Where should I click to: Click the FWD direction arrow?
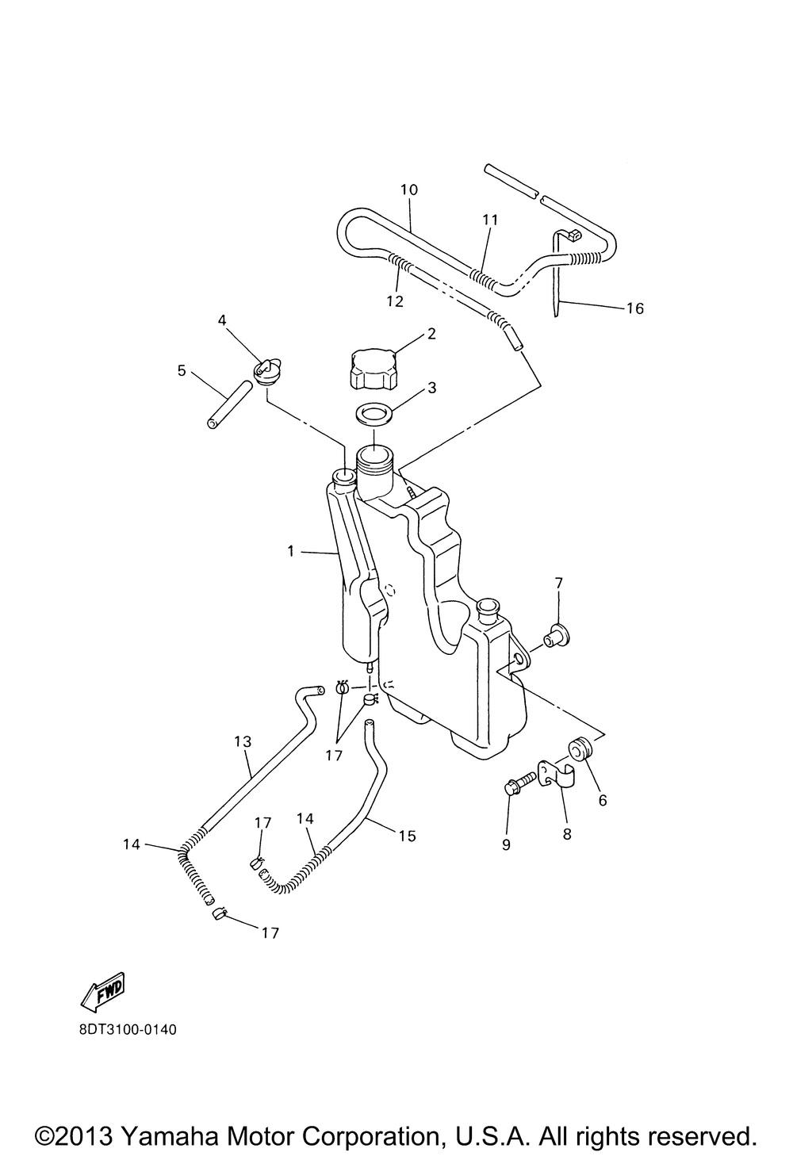(104, 990)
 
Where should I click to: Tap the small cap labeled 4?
(266, 370)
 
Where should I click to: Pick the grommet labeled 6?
(580, 748)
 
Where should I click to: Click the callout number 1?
(290, 550)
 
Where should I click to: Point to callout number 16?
(635, 308)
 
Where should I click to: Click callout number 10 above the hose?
(409, 190)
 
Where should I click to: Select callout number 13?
(243, 741)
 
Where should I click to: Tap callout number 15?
(407, 836)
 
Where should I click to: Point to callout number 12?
(394, 301)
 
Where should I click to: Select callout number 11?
(488, 219)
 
